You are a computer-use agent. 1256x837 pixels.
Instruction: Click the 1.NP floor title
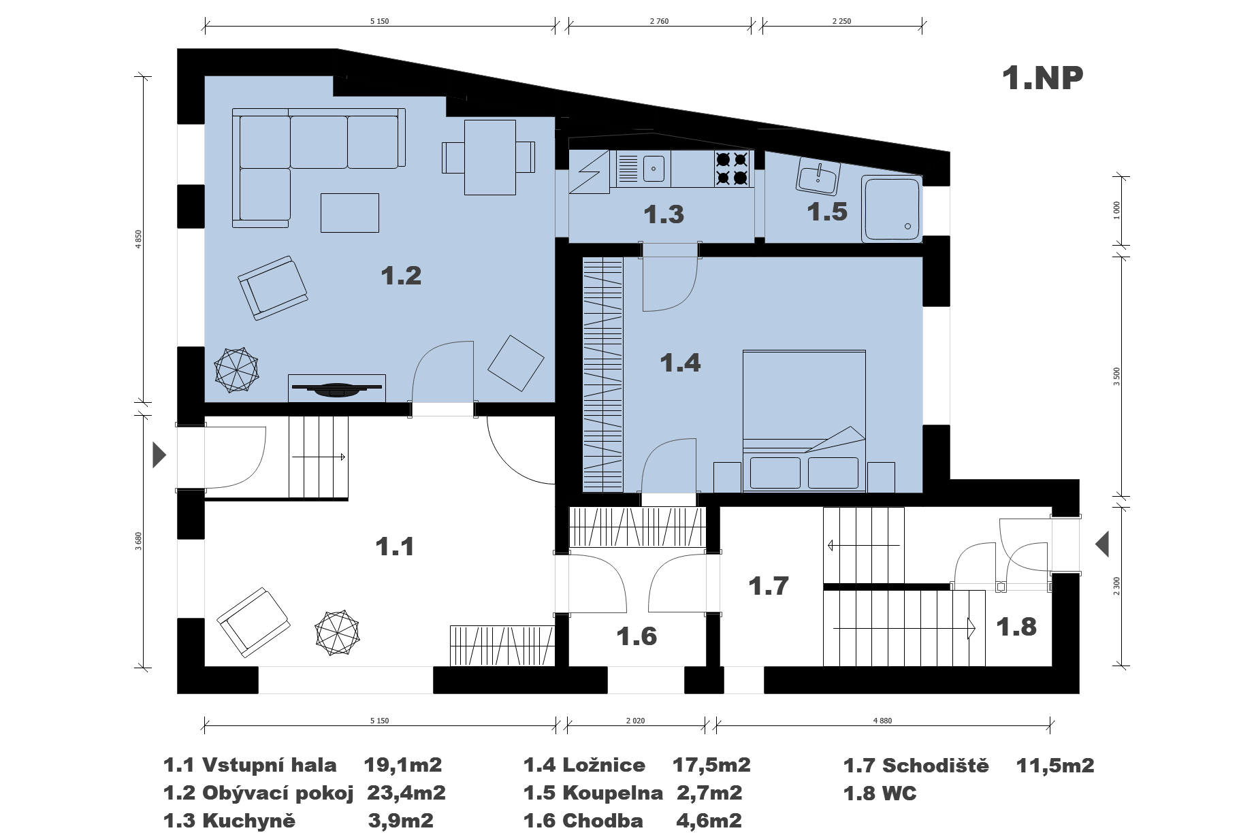pos(1042,78)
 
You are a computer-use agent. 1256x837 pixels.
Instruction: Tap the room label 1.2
pos(401,276)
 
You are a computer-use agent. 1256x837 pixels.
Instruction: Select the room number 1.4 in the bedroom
pos(680,363)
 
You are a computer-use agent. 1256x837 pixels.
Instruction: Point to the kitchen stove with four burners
pos(732,169)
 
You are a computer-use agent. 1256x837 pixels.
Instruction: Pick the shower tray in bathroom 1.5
pos(892,208)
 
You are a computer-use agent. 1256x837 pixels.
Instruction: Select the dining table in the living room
pos(489,157)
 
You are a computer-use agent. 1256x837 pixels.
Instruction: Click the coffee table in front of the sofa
pos(350,212)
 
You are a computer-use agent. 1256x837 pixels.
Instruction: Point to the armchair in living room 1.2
pos(272,288)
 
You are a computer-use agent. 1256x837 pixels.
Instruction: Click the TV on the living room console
pos(337,389)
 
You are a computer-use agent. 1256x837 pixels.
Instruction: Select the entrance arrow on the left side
pos(159,455)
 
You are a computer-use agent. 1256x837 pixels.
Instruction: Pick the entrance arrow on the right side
pos(1101,544)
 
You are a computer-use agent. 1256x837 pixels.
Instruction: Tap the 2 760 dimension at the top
pos(659,21)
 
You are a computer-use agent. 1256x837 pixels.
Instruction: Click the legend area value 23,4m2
pos(406,793)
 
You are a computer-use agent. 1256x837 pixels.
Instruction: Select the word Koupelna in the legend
pos(613,793)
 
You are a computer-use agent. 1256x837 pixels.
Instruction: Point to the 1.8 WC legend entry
pos(880,793)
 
